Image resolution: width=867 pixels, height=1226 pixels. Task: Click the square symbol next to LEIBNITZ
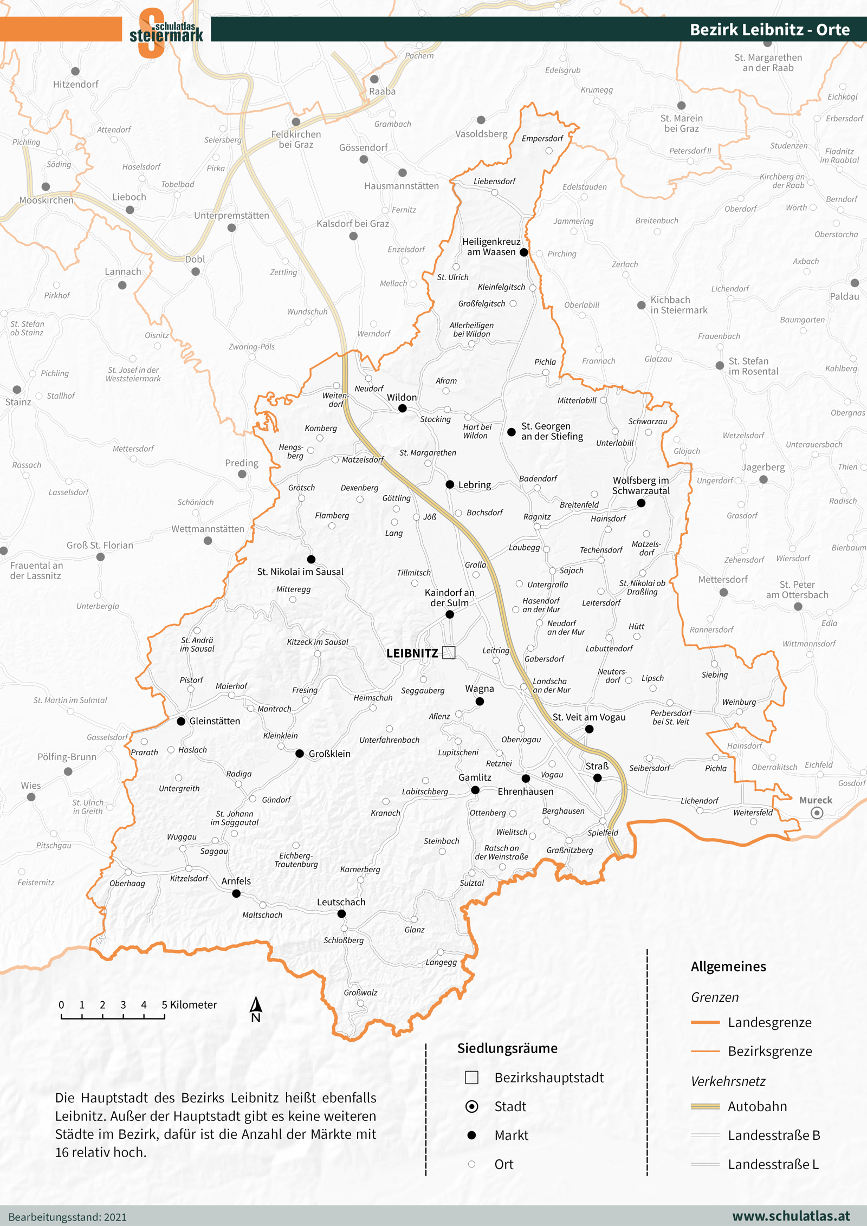[449, 652]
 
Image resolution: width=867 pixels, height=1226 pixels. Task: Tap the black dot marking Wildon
[402, 408]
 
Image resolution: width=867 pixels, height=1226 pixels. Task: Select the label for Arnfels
[236, 881]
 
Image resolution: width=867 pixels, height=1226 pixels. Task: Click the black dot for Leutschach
[341, 913]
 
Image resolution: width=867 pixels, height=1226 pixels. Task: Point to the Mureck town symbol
[817, 813]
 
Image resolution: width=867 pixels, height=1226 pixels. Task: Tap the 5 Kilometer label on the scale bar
[189, 1005]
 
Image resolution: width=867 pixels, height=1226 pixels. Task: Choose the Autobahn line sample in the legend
[705, 1106]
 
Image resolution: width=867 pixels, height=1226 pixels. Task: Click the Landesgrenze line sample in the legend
[705, 1022]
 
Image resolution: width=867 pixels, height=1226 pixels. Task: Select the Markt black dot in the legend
[471, 1135]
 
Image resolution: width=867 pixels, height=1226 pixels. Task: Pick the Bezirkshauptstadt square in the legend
[471, 1078]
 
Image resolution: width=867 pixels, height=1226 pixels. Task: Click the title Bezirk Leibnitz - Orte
[769, 29]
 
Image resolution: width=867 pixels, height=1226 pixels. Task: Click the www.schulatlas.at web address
[791, 1216]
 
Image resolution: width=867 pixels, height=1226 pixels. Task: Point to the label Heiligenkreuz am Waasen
[491, 247]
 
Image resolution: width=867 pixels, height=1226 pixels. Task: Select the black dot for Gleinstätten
[181, 721]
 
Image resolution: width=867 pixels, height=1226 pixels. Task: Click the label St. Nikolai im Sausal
[300, 572]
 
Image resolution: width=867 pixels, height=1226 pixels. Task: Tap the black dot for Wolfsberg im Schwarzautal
[641, 503]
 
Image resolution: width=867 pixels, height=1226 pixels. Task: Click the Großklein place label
[329, 754]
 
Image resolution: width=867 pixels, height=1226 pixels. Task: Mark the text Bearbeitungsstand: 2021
[68, 1217]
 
